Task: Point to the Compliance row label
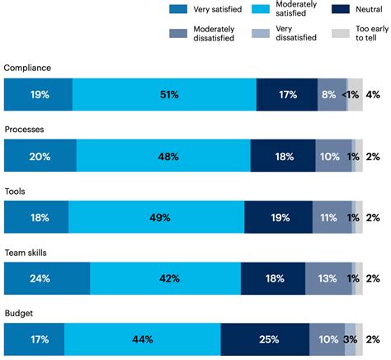[28, 68]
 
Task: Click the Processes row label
[26, 130]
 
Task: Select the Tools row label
[15, 192]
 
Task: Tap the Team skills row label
[27, 253]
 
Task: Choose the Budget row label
[19, 315]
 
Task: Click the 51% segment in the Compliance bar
[164, 95]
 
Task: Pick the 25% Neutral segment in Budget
[265, 340]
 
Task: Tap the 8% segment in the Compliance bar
[328, 95]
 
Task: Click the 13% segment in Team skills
[327, 279]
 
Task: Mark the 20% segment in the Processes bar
[40, 156]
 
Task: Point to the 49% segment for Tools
[157, 218]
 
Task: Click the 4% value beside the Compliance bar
[373, 95]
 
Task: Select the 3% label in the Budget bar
[350, 340]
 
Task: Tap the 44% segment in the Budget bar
[142, 340]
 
